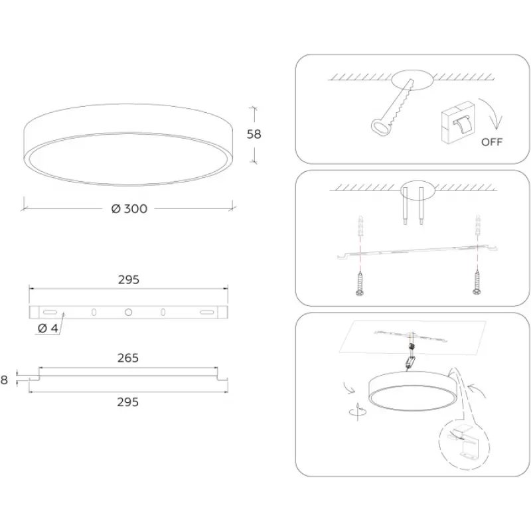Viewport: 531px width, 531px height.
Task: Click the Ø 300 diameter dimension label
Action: coord(129,208)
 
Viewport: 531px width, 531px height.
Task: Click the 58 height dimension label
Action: coord(254,134)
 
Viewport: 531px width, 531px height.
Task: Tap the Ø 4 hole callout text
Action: coord(48,328)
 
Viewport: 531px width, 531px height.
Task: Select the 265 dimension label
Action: coord(128,358)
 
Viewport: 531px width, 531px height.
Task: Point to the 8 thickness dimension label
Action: coord(4,380)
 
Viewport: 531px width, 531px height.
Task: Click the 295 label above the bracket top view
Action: coord(129,279)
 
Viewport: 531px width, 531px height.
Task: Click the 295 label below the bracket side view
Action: coord(128,402)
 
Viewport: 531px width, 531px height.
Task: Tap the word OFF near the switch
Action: coord(492,142)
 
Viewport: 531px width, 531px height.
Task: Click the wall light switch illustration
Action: coord(458,122)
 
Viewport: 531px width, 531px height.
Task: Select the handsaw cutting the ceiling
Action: coord(393,108)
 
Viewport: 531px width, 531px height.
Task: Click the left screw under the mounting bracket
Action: coord(360,283)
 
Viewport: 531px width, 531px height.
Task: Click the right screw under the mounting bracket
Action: coord(477,283)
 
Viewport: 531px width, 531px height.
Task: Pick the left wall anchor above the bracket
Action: coord(360,225)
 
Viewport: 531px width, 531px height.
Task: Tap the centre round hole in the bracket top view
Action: coord(128,312)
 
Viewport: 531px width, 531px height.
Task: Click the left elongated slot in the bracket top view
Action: coord(50,312)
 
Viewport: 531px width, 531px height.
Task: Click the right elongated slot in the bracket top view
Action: coord(206,312)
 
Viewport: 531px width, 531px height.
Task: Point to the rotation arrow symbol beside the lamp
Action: coord(358,411)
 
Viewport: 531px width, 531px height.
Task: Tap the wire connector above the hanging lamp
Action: coord(412,346)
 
